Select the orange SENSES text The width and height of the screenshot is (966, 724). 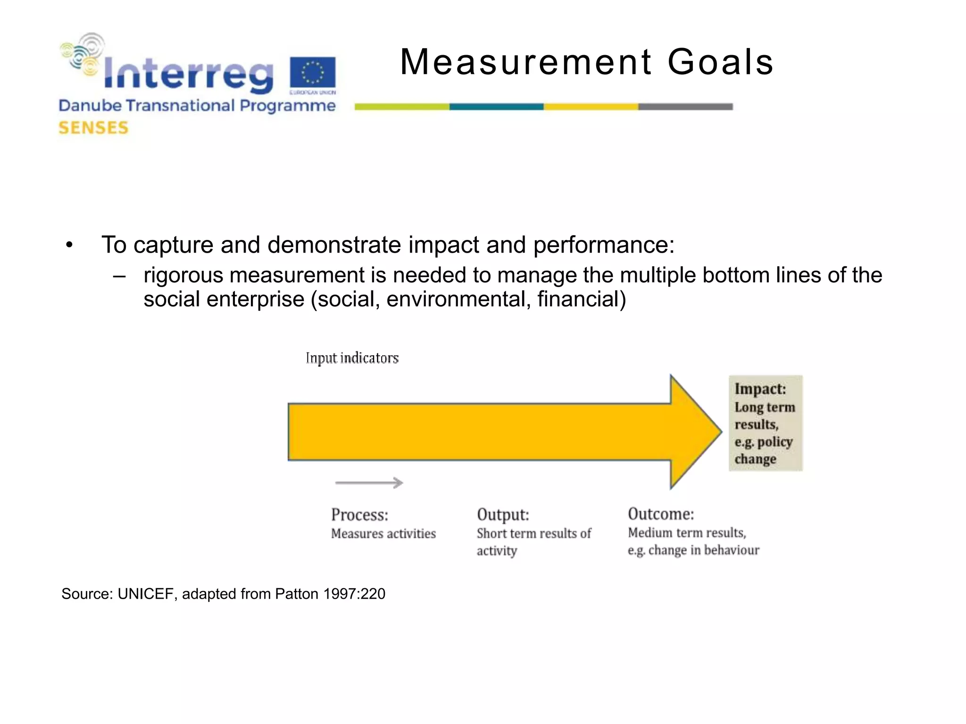93,128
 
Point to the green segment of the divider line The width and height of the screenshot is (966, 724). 402,107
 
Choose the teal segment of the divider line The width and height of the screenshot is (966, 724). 496,107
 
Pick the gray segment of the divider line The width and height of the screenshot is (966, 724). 685,107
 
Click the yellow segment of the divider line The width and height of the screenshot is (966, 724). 591,107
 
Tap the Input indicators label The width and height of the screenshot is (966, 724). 352,358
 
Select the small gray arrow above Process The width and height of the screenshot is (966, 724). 369,483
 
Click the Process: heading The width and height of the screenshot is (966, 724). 359,515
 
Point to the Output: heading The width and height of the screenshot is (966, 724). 503,515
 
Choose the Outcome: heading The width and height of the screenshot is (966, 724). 661,514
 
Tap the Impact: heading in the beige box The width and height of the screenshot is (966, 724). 760,389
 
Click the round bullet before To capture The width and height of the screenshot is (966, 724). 69,245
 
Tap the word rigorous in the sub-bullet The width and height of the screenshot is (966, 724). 183,275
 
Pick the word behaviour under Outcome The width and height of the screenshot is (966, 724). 732,550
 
